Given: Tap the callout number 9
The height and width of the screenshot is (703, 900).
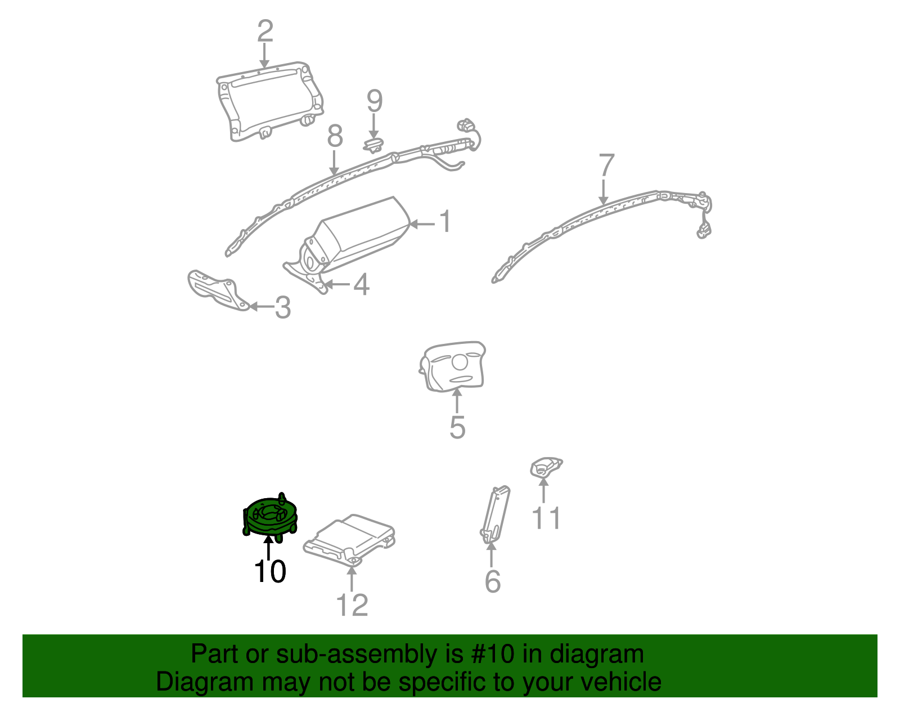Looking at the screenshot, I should tap(375, 101).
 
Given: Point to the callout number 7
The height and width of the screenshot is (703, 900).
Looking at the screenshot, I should tap(606, 166).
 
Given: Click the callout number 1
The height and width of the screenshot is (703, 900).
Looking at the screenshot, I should tap(445, 222).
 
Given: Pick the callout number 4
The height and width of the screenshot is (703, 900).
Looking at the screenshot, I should tap(361, 284).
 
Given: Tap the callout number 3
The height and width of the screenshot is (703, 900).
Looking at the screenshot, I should tap(283, 307).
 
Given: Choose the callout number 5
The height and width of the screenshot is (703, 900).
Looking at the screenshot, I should tap(457, 427).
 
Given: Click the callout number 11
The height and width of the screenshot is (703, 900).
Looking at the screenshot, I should tap(546, 518).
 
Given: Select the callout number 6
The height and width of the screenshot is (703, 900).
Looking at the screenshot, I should tap(493, 581).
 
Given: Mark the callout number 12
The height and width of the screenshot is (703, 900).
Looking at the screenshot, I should tap(352, 605).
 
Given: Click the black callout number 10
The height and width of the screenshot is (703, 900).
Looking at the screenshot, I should tap(270, 571).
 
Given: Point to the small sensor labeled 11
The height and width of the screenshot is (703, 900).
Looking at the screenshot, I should tap(545, 468).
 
